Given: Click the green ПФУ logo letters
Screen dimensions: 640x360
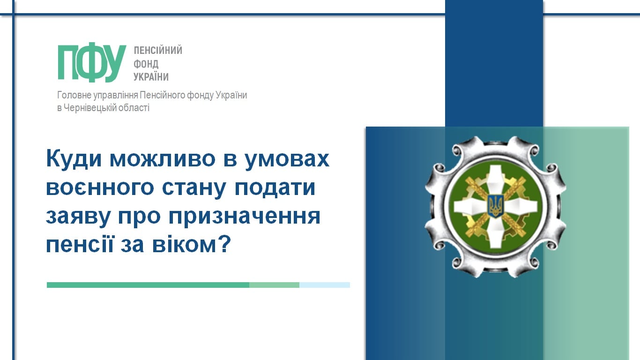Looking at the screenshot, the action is click(92, 62).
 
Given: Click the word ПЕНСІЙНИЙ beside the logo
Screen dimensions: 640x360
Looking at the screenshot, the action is click(158, 50).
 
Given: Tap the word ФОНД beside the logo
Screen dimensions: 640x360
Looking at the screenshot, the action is click(146, 64).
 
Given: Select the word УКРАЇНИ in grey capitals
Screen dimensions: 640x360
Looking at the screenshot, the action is click(151, 76).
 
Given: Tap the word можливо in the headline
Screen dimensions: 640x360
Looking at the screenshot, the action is click(163, 159).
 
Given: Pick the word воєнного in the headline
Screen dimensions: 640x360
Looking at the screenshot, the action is click(100, 188).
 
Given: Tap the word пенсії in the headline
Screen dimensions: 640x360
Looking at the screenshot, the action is click(80, 245).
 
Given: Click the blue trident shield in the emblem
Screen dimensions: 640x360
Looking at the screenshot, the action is click(495, 206).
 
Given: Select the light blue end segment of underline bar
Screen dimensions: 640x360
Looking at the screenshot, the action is click(325, 285).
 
